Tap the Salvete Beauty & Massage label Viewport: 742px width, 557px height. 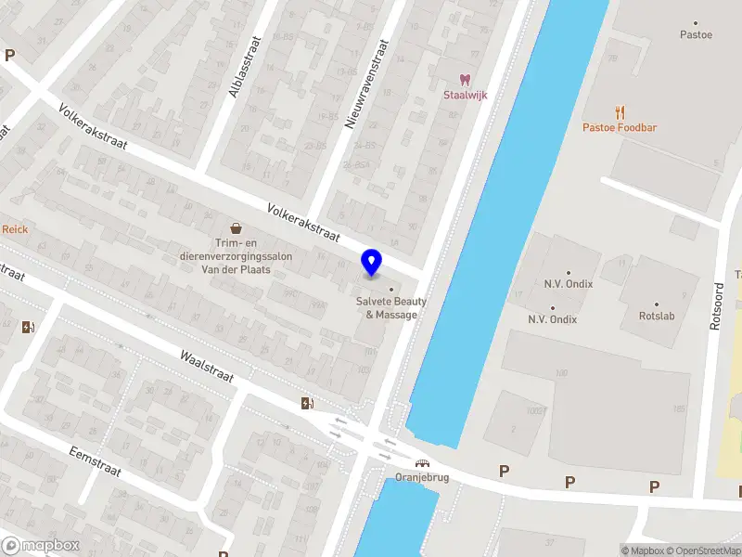click(391, 307)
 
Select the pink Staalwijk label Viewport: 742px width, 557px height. click(466, 97)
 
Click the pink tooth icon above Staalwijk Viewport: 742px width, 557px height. click(466, 81)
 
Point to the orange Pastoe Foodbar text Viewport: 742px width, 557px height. click(620, 127)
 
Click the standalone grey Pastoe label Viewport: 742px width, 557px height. click(696, 35)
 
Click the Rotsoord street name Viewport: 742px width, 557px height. click(715, 306)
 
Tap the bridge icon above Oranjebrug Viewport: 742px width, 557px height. click(422, 464)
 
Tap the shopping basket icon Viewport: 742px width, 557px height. click(236, 227)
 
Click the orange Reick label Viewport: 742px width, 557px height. click(15, 228)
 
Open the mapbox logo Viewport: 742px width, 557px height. click(39, 546)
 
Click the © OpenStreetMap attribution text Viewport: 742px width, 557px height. click(704, 551)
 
